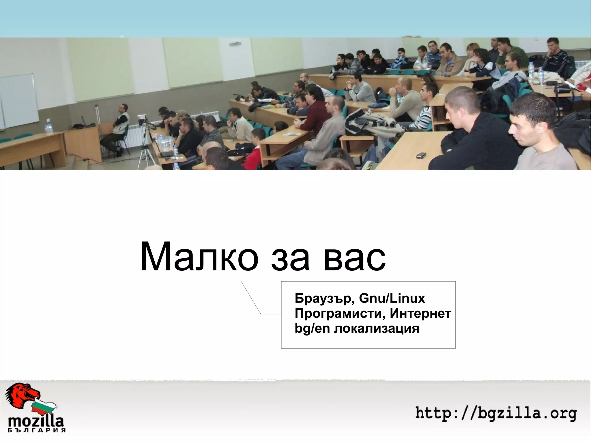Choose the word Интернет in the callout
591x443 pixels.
[x=420, y=313]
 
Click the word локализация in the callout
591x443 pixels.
[x=377, y=328]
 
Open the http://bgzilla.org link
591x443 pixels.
[x=496, y=414]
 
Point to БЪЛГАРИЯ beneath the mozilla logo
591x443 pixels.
[x=36, y=430]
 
